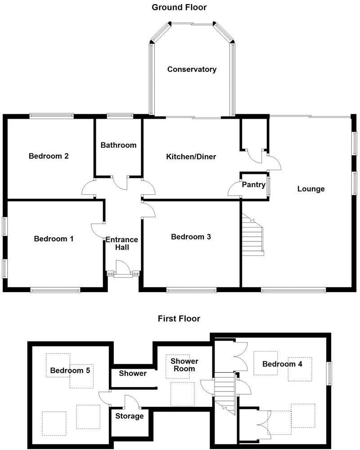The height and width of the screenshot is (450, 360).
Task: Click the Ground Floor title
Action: click(x=179, y=7)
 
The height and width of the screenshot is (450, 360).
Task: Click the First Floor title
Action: click(x=179, y=319)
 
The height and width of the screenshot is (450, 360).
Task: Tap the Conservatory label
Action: click(x=192, y=69)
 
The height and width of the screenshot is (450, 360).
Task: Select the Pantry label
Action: click(x=252, y=185)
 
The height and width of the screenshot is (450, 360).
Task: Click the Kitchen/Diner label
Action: click(x=191, y=157)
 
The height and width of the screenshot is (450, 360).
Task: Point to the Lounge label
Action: click(x=310, y=189)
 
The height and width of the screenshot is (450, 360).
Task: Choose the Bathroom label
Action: click(x=118, y=145)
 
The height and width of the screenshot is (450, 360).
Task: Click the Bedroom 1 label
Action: click(x=54, y=239)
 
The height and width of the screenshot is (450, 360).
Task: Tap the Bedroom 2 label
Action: click(x=49, y=156)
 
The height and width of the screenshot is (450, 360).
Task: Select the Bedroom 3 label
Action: click(x=191, y=237)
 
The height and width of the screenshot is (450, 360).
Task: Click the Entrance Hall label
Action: click(x=121, y=244)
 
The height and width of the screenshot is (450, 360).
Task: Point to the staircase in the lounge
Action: click(x=252, y=235)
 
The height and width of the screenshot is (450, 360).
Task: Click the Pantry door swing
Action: click(x=234, y=189)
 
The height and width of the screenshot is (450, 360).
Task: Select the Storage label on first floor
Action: click(x=130, y=416)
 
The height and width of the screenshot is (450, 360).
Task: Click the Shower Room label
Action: click(x=184, y=365)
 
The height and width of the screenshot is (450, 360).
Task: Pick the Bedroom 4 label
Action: click(x=282, y=364)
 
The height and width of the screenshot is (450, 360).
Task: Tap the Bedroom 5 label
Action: click(x=70, y=370)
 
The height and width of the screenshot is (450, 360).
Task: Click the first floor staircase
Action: click(x=225, y=391)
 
